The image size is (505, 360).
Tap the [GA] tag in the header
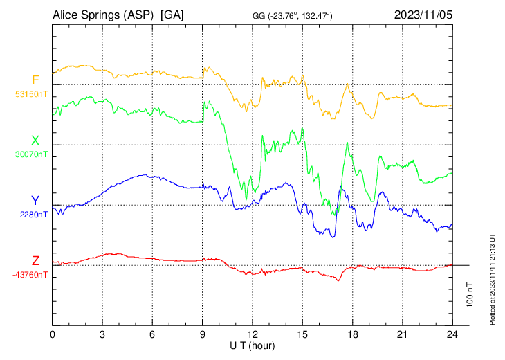click(x=172, y=15)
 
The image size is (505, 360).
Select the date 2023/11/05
click(x=423, y=15)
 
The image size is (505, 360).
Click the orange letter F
click(x=35, y=80)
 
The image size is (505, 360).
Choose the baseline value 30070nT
click(x=32, y=154)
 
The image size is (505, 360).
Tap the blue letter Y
click(x=35, y=201)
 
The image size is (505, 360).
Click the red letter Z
click(x=35, y=261)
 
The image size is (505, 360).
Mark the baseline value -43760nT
click(x=30, y=274)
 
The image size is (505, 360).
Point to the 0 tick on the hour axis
click(x=53, y=334)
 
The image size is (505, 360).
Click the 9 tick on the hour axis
click(x=203, y=334)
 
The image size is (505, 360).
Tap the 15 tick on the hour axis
click(x=302, y=334)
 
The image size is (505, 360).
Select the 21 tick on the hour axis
click(x=402, y=334)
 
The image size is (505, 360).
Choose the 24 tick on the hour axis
click(x=452, y=334)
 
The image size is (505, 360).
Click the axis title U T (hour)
click(x=253, y=345)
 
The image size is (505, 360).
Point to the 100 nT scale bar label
click(x=470, y=295)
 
